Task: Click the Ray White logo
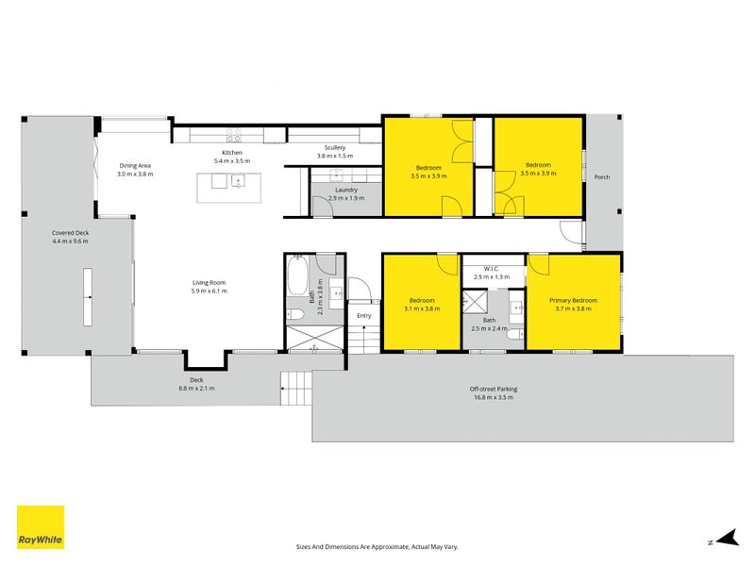(x=41, y=527)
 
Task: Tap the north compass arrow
(x=727, y=538)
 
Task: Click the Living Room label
(x=209, y=282)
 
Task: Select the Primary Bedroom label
(x=573, y=300)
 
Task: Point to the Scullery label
(x=335, y=148)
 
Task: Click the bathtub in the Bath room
(x=297, y=275)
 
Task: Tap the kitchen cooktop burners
(x=234, y=135)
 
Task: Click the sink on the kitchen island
(x=239, y=181)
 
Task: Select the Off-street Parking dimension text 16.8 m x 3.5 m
(x=494, y=397)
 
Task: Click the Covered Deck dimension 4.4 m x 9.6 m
(x=70, y=241)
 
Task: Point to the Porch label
(x=602, y=177)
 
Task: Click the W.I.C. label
(x=491, y=269)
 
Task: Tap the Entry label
(x=364, y=316)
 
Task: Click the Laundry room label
(x=346, y=191)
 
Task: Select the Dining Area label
(x=135, y=166)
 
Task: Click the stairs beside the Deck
(x=296, y=389)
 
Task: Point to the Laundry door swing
(x=323, y=206)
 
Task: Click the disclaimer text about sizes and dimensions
(x=377, y=547)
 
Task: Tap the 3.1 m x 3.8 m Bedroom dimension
(x=422, y=309)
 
